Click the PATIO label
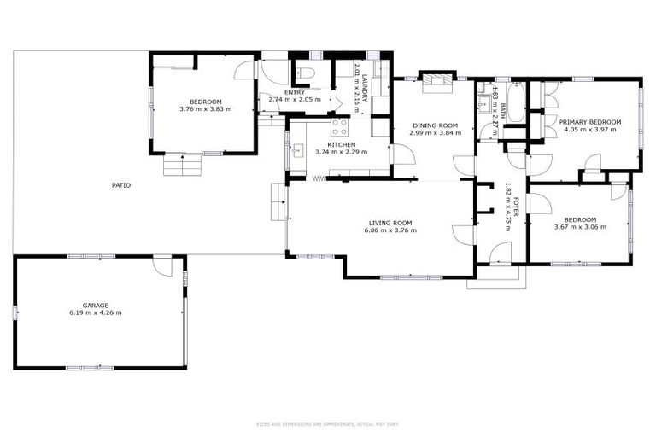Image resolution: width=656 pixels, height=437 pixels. [x=121, y=184]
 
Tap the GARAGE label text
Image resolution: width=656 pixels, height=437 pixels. [x=95, y=305]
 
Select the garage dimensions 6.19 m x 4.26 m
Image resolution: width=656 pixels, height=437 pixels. [x=95, y=313]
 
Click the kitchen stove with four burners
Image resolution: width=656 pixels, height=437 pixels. [x=339, y=127]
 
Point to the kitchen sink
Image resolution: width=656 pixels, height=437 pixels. [x=298, y=152]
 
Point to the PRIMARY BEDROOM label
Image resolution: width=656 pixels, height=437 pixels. [x=589, y=122]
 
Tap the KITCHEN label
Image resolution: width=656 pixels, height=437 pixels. [x=341, y=144]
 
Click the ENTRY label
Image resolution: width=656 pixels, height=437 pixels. [x=295, y=92]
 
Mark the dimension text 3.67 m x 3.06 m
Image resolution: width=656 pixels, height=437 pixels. [x=580, y=227]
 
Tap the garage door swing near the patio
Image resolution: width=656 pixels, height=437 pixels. [x=161, y=265]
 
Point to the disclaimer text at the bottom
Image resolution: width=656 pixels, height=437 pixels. [x=327, y=423]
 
